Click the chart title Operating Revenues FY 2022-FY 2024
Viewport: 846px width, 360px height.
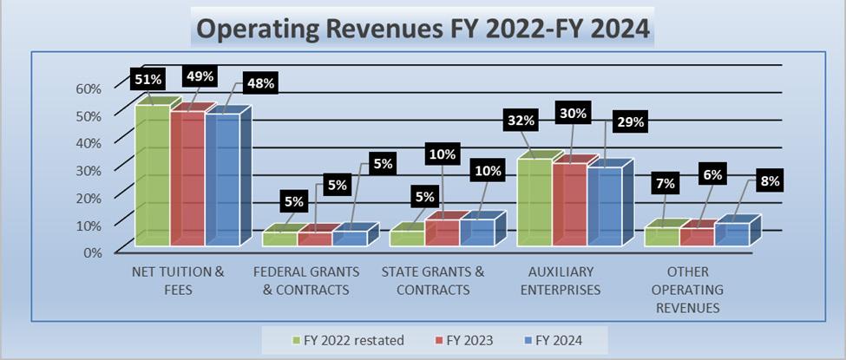coord(422,28)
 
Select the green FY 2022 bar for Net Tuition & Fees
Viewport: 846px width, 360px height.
coord(152,173)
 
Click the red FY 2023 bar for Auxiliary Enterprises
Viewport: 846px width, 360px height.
coord(569,204)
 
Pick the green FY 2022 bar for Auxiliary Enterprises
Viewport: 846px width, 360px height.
coord(534,201)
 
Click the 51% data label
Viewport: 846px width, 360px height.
coord(148,79)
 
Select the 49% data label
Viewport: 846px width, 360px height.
coord(199,76)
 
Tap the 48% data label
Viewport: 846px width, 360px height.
coord(259,83)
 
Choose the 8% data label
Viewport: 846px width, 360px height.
coord(770,181)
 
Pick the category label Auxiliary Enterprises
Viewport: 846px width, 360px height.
coord(560,280)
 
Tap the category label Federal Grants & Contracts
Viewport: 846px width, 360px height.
coord(305,280)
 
